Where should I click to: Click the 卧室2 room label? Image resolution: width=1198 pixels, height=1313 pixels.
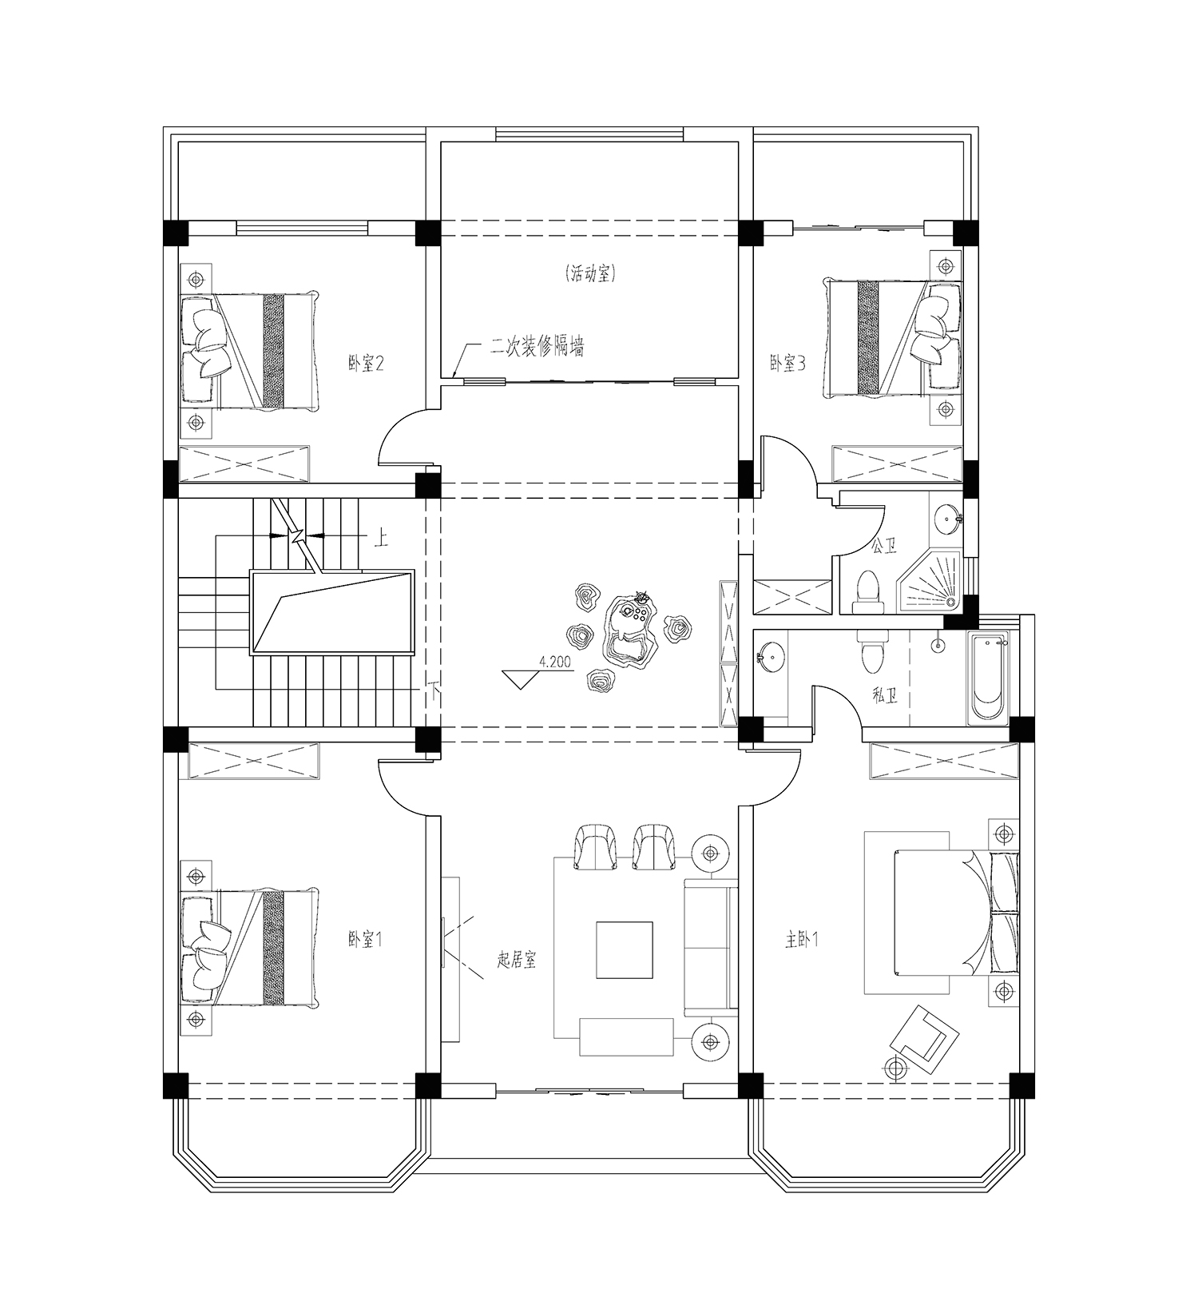click(366, 364)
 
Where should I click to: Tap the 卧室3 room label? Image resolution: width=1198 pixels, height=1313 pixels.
click(787, 364)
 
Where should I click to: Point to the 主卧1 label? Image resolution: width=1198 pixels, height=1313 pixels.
click(801, 940)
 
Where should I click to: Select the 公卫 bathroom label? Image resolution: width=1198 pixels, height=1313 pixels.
click(883, 547)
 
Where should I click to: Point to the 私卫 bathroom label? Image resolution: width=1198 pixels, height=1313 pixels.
click(885, 696)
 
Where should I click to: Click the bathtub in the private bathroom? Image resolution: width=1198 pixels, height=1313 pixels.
click(989, 678)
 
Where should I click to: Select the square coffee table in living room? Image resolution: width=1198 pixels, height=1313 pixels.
click(625, 949)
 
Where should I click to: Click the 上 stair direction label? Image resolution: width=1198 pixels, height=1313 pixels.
click(381, 539)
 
